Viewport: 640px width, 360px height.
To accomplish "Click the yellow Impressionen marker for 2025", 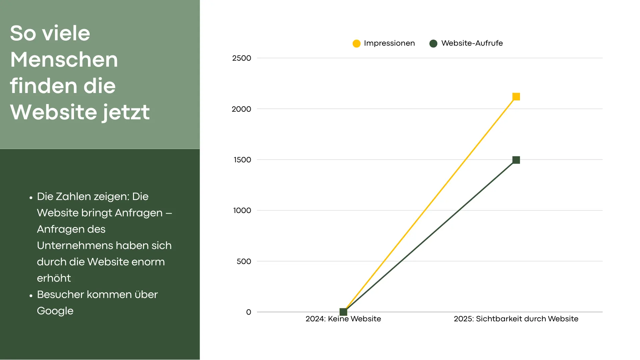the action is (516, 97).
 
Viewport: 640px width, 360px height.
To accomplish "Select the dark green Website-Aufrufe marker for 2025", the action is (516, 160).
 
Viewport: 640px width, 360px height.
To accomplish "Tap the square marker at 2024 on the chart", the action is (343, 312).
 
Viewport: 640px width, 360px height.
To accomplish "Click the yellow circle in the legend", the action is (356, 44).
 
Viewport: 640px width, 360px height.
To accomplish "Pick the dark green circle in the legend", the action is (433, 44).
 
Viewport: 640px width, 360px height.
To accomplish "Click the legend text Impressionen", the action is (389, 43).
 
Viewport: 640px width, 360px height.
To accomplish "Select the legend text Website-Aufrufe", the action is (472, 43).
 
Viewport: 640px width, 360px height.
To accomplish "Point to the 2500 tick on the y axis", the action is (242, 58).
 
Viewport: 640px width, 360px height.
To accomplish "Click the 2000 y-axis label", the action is (241, 109).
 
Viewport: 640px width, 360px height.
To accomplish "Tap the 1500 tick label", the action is (242, 160).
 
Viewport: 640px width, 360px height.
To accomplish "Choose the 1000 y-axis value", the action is (242, 211).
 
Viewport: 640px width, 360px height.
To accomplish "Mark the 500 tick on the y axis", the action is (244, 262).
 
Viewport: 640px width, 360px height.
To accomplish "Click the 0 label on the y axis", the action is (249, 312).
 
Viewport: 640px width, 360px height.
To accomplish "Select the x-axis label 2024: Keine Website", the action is (343, 319).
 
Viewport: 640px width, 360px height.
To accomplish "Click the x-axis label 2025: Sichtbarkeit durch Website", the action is (516, 319).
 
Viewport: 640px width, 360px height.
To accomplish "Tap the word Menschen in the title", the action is (64, 60).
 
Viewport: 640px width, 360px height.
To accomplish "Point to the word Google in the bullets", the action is (55, 311).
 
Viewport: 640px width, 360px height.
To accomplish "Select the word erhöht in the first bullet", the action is (54, 278).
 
